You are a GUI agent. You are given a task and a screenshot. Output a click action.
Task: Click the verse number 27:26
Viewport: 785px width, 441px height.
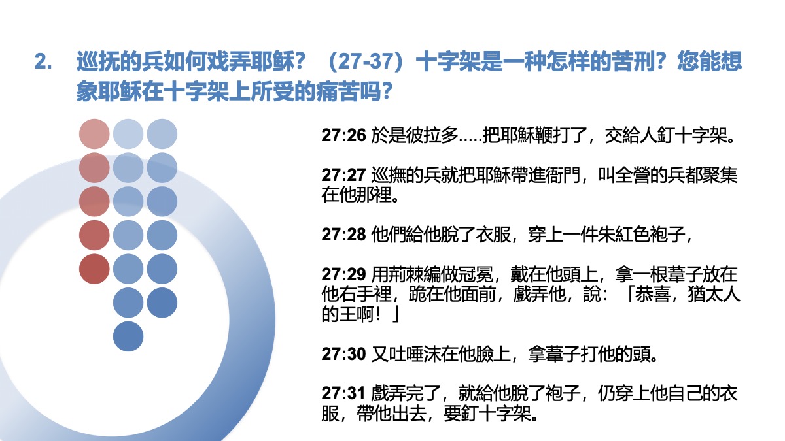343,135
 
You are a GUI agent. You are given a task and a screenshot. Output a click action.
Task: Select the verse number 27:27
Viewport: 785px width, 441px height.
343,175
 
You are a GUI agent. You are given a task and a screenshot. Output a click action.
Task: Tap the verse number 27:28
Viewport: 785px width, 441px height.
343,235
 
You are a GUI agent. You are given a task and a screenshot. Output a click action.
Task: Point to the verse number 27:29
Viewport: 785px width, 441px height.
343,274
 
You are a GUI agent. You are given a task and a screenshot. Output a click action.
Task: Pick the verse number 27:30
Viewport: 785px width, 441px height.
343,354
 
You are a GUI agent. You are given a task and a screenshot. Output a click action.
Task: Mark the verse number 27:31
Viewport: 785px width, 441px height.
343,393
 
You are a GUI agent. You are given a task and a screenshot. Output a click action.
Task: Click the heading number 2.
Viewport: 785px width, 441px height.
43,61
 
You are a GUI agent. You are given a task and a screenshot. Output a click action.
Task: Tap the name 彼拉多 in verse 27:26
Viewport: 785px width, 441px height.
432,135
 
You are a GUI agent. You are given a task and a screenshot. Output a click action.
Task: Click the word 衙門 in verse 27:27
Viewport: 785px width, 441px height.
563,175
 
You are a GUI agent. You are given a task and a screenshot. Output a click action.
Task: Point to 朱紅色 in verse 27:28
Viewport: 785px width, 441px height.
624,235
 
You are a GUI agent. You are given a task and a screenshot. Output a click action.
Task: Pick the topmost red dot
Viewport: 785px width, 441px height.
94,134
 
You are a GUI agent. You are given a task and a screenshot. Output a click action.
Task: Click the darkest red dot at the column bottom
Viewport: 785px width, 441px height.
94,269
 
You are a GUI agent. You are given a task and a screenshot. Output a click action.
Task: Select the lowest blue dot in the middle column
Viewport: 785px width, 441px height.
128,336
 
